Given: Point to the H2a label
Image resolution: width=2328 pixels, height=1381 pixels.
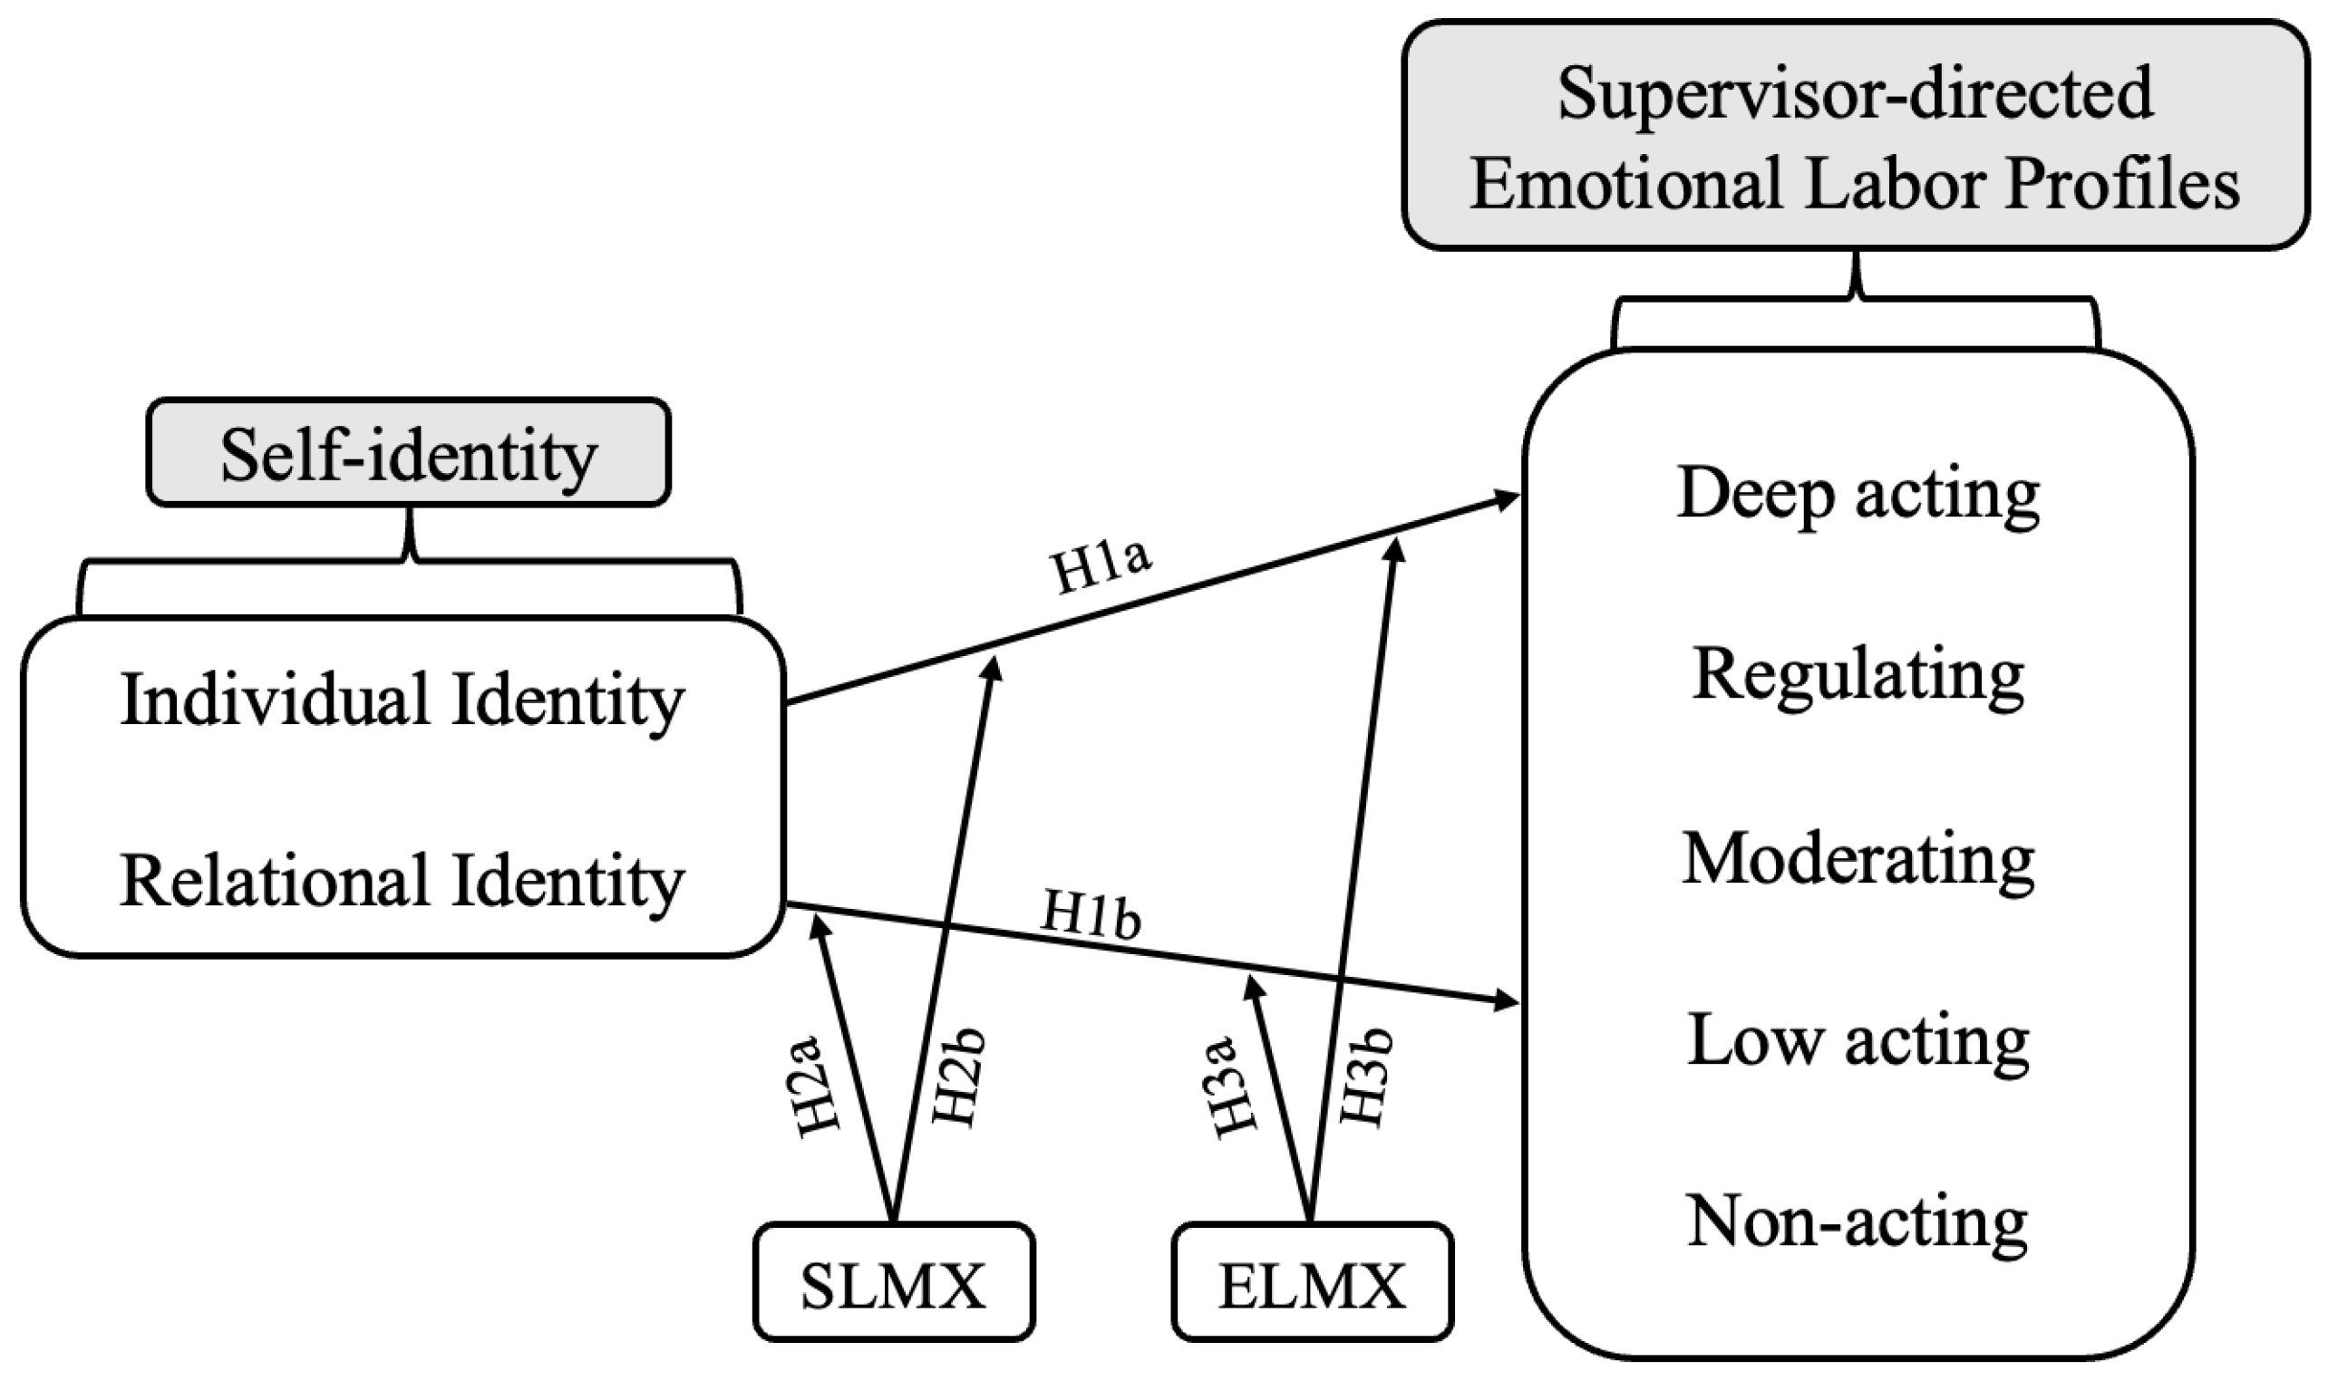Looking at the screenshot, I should pos(819,1085).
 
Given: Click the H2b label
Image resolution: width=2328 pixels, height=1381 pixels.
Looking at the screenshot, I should pos(957,1077).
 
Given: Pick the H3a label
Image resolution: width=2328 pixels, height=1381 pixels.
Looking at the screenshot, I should pos(1235,1085).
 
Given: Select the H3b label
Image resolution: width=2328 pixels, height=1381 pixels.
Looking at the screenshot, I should pos(1364,1077).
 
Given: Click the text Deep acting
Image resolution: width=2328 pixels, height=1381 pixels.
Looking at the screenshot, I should pos(1858,494).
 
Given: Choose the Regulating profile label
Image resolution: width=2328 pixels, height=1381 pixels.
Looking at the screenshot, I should pos(1858,676).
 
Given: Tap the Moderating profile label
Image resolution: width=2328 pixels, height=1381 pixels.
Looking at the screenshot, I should pos(1858,859).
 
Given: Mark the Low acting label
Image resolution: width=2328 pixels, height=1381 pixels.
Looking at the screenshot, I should pos(1858,1041).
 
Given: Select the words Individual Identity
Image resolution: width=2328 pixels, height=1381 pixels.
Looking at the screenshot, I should pos(403,700).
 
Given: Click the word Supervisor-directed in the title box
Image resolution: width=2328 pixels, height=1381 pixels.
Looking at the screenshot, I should pos(1854,94).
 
